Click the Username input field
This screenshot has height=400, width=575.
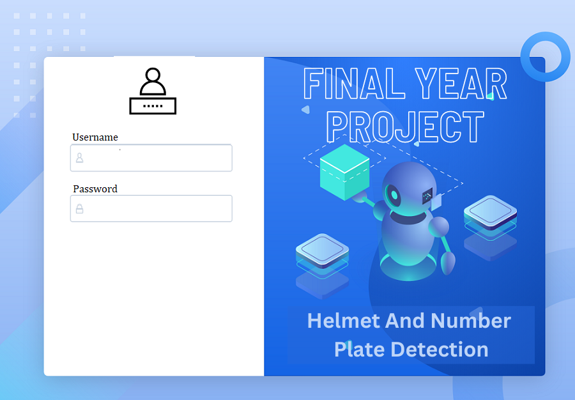point(151,158)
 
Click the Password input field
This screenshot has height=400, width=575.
point(151,208)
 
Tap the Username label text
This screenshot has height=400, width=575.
point(95,137)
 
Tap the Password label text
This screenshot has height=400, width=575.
point(95,188)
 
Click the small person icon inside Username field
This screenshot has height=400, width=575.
point(80,158)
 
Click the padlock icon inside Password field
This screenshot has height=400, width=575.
point(80,208)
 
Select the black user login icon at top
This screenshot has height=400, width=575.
point(153,91)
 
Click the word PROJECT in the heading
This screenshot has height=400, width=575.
point(406,127)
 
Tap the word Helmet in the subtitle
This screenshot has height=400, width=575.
point(344,320)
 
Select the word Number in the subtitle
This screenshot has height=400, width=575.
point(471,320)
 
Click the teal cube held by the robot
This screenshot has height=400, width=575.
point(345,173)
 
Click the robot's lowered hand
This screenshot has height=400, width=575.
point(448,263)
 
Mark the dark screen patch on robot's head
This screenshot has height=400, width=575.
point(427,196)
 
